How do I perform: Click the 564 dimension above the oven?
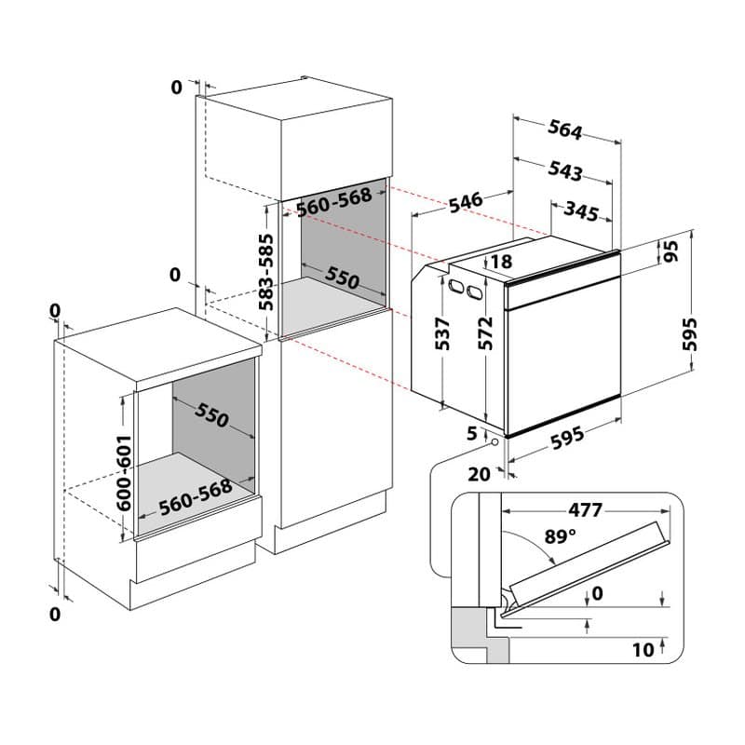565,131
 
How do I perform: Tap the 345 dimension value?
580,212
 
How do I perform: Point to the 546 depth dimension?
465,201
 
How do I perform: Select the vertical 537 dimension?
443,333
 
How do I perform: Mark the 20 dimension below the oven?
479,474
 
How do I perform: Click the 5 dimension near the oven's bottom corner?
472,433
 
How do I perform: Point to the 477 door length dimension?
586,509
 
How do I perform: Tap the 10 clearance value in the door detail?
643,649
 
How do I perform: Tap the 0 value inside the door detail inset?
597,592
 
